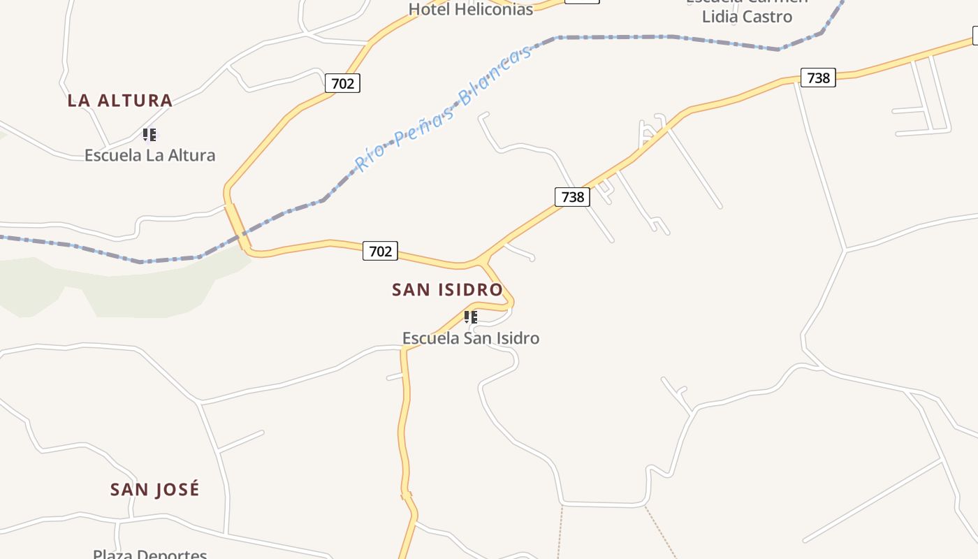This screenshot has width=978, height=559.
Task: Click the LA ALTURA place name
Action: (119, 101)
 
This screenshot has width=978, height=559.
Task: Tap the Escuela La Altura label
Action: (149, 155)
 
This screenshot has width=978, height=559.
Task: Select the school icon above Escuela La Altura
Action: (149, 134)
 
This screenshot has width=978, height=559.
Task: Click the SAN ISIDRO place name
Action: (447, 289)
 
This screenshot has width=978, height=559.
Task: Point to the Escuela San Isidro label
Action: (470, 338)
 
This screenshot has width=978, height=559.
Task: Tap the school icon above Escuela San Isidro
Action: (471, 317)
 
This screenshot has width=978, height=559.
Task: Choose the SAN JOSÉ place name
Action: (154, 489)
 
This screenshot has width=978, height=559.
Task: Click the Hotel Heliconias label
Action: (470, 9)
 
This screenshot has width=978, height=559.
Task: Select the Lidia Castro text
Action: (747, 17)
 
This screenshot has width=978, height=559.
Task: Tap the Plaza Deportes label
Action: (149, 554)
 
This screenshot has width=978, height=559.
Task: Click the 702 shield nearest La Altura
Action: (342, 84)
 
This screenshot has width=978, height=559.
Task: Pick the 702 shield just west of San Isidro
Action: (380, 251)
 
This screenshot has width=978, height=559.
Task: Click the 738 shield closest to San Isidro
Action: (572, 197)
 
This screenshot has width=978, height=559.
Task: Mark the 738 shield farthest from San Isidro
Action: (818, 78)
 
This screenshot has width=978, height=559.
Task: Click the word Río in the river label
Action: (369, 158)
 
